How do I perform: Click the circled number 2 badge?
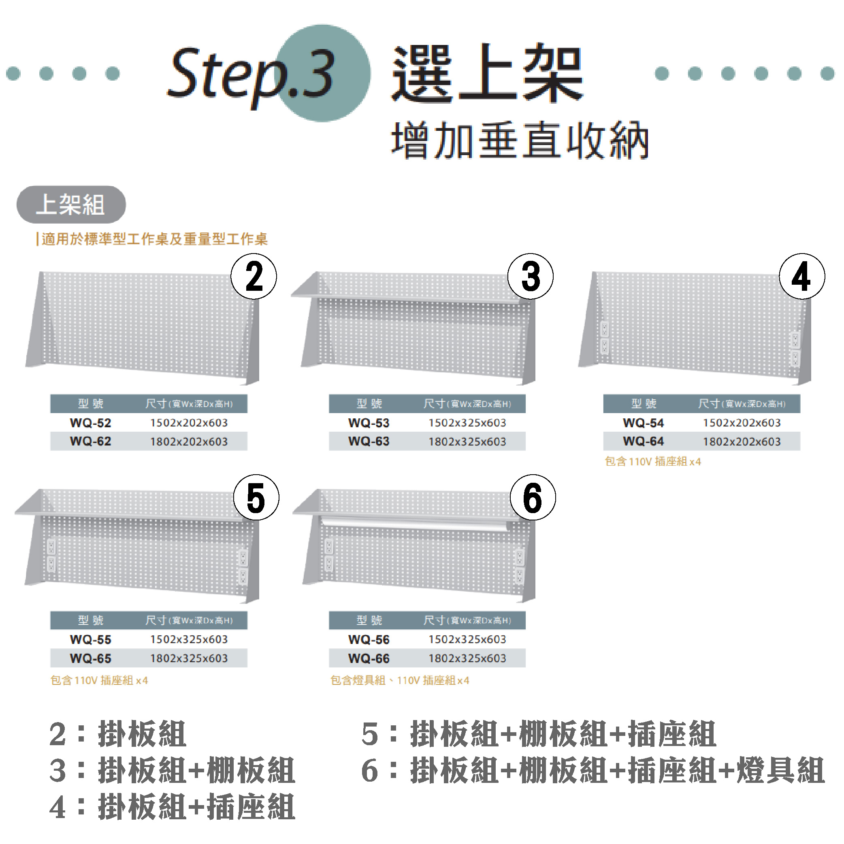click(254, 276)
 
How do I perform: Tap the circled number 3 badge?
click(531, 276)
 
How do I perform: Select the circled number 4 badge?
click(802, 276)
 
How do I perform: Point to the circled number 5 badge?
click(256, 497)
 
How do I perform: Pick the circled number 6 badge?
click(533, 497)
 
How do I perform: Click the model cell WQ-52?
click(90, 422)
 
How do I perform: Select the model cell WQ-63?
click(369, 441)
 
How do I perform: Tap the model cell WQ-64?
click(643, 441)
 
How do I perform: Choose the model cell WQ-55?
click(90, 639)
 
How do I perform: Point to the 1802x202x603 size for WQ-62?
click(189, 441)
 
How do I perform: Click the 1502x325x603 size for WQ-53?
click(467, 422)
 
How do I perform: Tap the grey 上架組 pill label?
click(71, 205)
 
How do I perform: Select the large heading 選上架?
click(487, 73)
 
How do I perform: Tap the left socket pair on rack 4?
click(605, 337)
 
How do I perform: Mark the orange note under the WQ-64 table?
click(653, 461)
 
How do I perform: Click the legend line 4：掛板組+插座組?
click(173, 807)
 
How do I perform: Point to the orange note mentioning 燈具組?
click(400, 680)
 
